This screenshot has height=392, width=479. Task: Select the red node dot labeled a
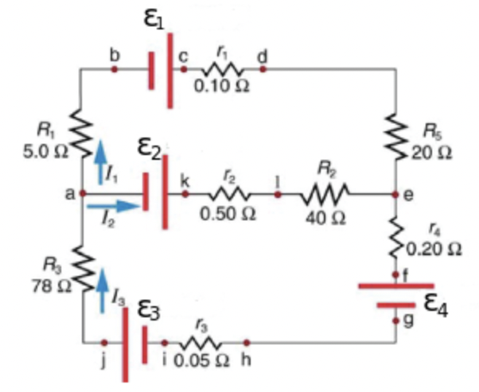pos(83,193)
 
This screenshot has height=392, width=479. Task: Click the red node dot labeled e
pos(395,193)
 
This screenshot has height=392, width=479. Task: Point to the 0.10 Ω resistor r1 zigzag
pos(219,69)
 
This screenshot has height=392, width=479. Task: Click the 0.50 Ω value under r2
pos(228,215)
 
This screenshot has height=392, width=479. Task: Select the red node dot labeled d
pos(263,69)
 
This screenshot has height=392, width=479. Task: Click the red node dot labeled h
pos(246,343)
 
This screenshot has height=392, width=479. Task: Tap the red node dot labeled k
pos(185,193)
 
